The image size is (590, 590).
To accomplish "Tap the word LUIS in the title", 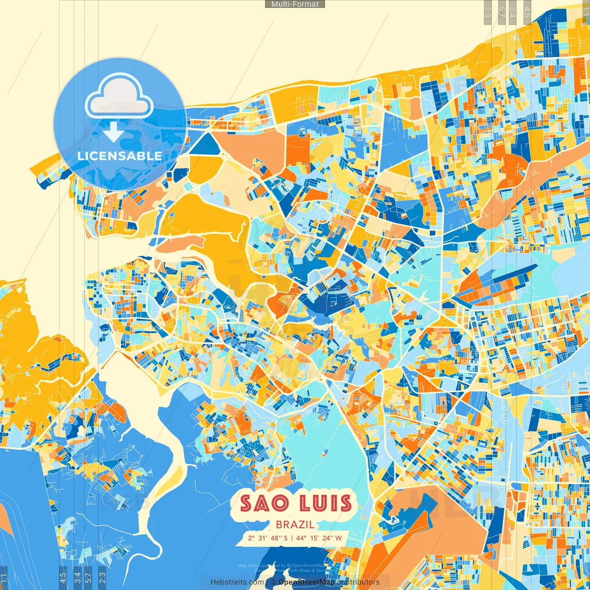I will point(325,503).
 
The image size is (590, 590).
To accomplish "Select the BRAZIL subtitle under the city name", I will point(295,525).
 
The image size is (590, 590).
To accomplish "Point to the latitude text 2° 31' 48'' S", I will point(267,538).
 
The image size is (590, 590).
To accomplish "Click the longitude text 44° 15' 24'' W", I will point(319,538).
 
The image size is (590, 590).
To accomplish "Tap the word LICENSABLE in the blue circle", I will point(119,156).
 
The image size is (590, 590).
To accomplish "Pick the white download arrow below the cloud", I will point(113,132).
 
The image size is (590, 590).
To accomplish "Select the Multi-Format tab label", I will point(295,4).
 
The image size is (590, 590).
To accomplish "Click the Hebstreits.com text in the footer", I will point(237,582).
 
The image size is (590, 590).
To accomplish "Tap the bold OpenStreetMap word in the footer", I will point(307,582).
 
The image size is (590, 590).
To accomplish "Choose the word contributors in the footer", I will point(358,582).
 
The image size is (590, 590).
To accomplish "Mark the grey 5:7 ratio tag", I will point(501,11).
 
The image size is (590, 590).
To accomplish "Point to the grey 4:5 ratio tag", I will point(527,11).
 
